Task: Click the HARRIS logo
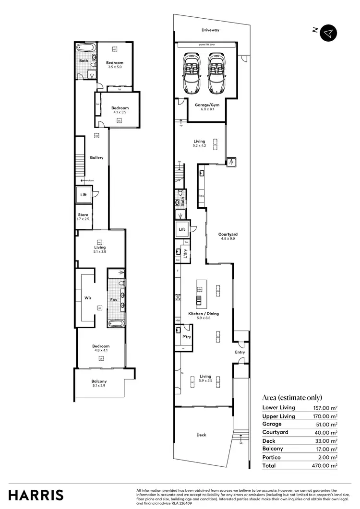tap(36, 495)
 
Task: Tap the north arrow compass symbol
tap(328, 32)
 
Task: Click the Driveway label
tap(210, 30)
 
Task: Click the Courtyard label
tap(228, 234)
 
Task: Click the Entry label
tap(240, 352)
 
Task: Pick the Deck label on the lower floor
tap(201, 435)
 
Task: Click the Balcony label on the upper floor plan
tap(99, 381)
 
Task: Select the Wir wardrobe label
tap(88, 298)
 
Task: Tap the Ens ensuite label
tap(113, 300)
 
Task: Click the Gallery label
tap(96, 157)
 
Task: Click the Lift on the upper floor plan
tap(84, 195)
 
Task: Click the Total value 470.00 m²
tap(325, 465)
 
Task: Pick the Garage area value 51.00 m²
tap(325, 424)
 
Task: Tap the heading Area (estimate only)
tap(292, 397)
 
